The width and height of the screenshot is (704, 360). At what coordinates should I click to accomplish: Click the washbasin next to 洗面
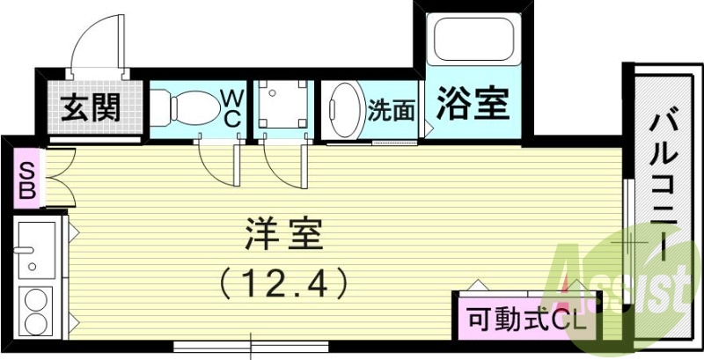343,111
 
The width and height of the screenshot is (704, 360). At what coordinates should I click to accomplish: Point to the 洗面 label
391,110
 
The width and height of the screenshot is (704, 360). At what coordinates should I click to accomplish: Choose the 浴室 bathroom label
473,107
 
